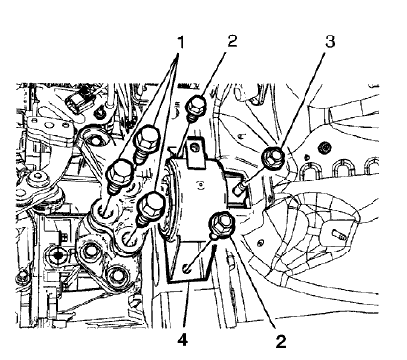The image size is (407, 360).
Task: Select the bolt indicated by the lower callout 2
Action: click(x=221, y=225)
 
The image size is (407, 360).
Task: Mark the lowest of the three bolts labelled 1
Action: click(x=152, y=206)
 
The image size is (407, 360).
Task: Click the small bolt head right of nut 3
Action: click(x=322, y=151)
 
